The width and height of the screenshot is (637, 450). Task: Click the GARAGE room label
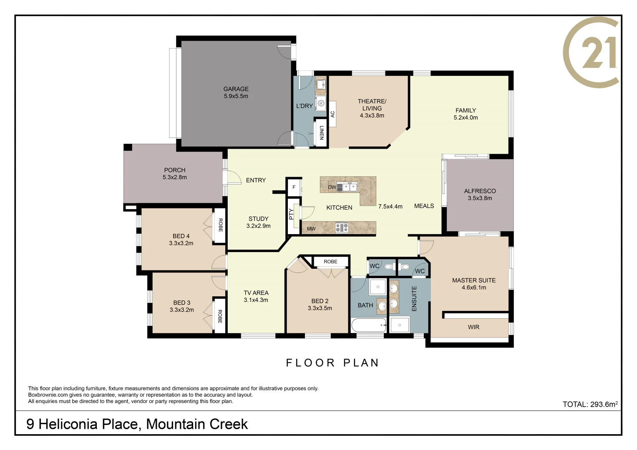236,89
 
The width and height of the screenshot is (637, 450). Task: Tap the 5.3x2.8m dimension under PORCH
174,177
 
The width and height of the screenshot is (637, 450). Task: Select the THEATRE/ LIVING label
372,105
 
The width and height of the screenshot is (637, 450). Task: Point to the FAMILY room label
466,110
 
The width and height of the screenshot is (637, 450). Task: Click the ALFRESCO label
480,191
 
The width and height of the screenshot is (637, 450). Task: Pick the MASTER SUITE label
473,280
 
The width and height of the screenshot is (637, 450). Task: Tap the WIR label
473,327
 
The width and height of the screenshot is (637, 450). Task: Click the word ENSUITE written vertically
414,298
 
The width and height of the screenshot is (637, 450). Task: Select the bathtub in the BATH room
369,325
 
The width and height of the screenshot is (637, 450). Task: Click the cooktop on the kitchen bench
342,228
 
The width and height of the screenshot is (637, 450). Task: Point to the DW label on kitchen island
332,187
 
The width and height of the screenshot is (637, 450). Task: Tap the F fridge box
294,187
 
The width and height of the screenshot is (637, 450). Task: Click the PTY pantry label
291,214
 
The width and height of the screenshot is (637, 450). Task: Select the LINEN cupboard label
321,132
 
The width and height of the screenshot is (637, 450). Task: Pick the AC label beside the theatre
332,114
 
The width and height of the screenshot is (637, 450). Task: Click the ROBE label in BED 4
220,225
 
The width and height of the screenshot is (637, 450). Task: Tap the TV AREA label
256,293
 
